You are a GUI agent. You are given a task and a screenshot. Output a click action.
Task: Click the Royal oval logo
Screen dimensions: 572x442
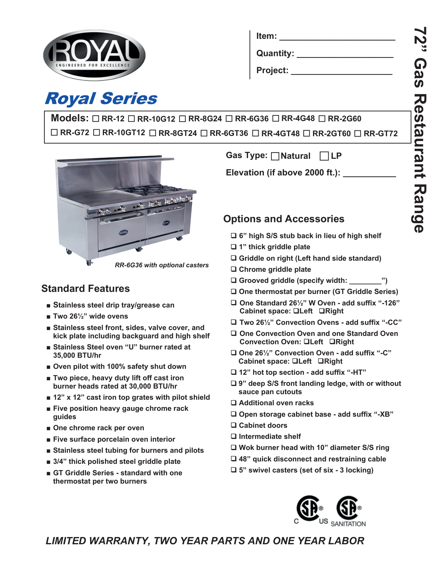point(94,55)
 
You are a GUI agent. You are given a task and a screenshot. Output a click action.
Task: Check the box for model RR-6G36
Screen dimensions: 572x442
point(229,119)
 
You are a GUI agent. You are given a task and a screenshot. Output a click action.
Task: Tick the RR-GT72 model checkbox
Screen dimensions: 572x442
point(358,133)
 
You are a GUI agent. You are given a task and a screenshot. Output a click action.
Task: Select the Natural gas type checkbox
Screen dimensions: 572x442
point(275,156)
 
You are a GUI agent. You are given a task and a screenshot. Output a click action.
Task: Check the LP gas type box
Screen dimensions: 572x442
point(324,156)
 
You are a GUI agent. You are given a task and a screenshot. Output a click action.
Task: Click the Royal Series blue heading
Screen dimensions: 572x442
point(101,98)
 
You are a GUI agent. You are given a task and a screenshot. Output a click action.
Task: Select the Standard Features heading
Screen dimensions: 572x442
point(86,288)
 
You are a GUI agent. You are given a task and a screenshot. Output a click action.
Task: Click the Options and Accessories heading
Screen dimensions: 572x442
point(284,219)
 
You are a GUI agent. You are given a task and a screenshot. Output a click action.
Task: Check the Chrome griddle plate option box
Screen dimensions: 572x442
point(234,269)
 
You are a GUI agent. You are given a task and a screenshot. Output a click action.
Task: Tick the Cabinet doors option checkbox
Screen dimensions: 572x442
point(234,425)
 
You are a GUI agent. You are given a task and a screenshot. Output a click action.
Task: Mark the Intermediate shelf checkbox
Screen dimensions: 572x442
point(234,436)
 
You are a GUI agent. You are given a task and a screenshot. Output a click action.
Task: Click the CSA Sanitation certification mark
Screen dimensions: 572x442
point(349,511)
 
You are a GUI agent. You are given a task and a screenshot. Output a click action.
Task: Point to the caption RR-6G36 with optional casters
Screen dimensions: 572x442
point(162,265)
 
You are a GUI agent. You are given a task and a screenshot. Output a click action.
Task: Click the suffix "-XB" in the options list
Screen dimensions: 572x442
point(383,414)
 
